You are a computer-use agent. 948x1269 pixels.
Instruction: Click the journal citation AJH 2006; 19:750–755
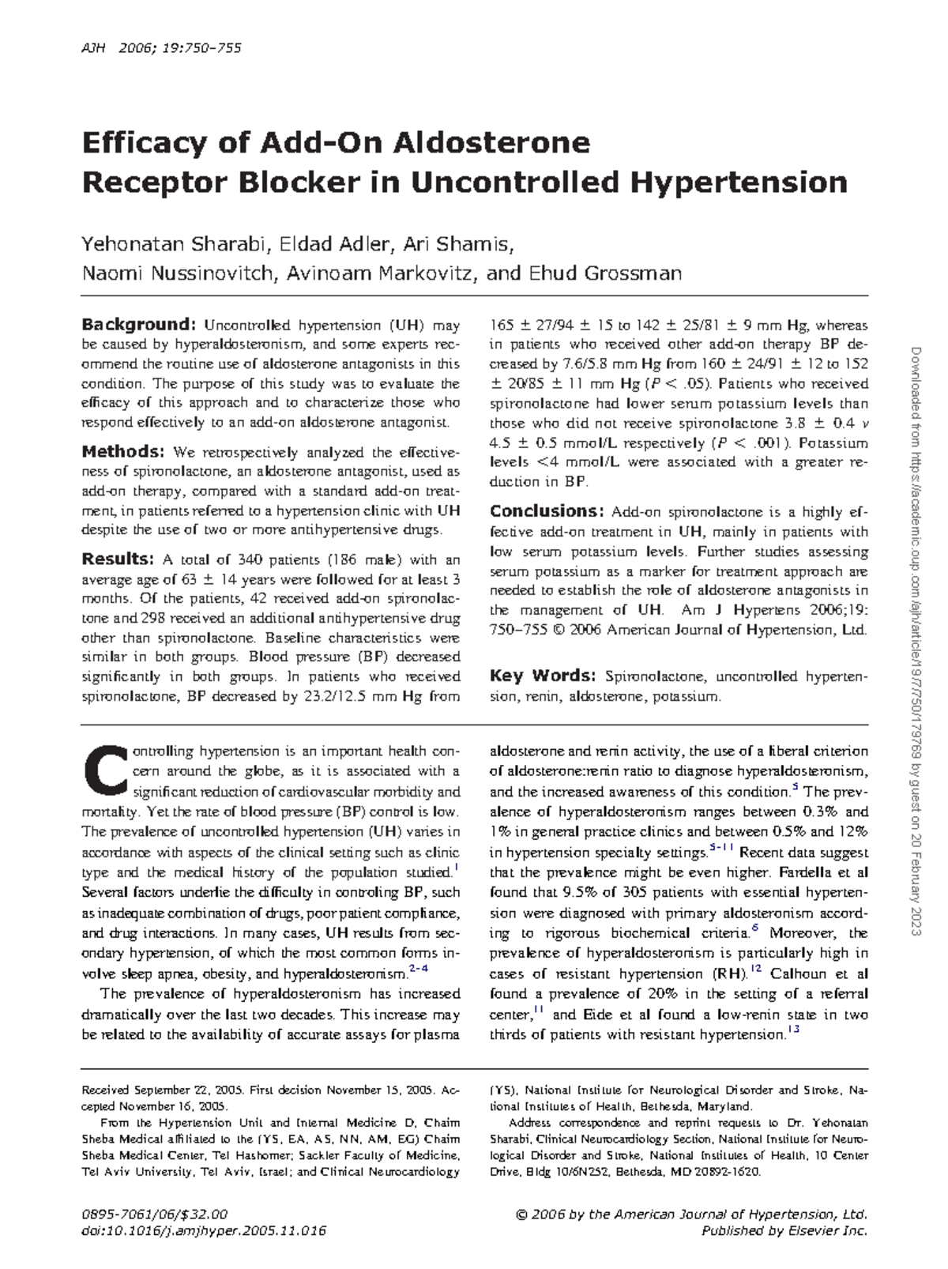[x=162, y=49]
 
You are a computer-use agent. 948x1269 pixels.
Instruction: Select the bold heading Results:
[x=118, y=559]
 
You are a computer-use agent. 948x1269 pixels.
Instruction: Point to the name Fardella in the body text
[x=808, y=872]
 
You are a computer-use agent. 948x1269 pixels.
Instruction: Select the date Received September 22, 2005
[x=162, y=1090]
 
